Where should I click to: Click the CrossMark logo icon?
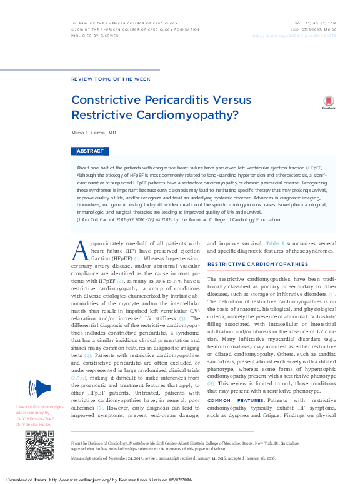coord(328,103)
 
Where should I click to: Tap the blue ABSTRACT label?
coord(91,151)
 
